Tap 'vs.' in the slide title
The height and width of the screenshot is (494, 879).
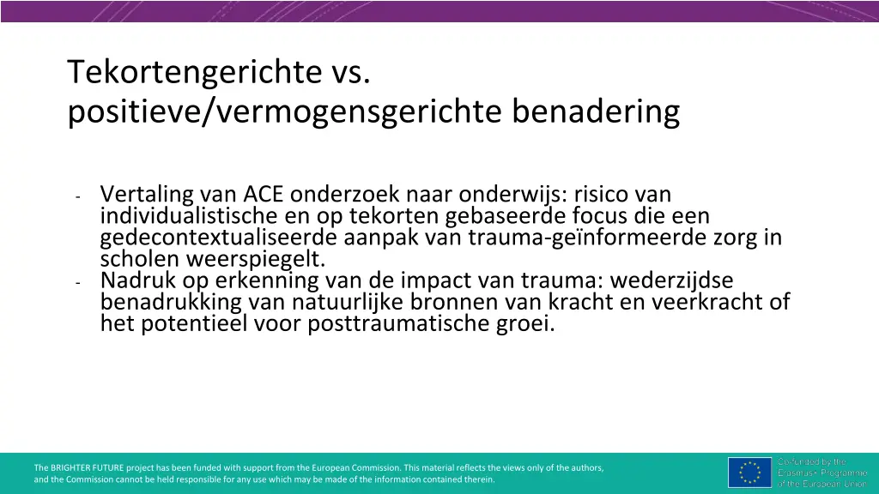pyautogui.click(x=349, y=73)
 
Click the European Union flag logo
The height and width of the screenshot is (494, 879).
pyautogui.click(x=749, y=473)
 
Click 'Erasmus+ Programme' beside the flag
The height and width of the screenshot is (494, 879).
pyautogui.click(x=822, y=473)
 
